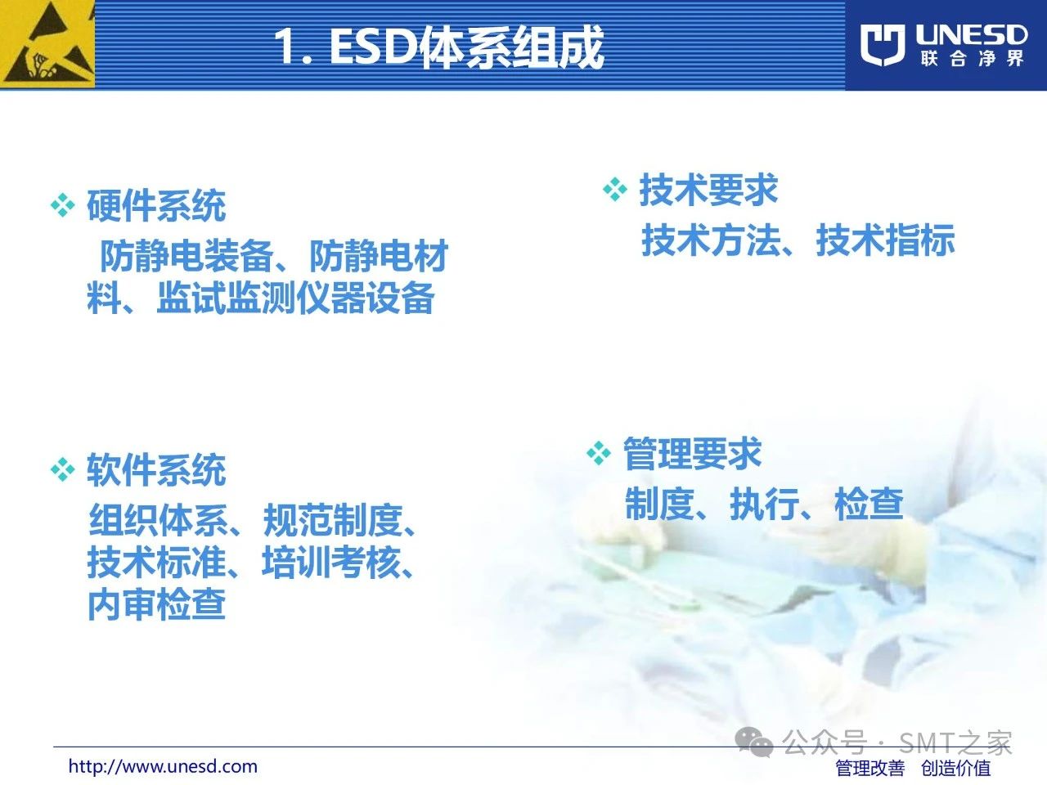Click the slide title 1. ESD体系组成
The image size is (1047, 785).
pos(439,47)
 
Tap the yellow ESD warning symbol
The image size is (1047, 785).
pos(47,44)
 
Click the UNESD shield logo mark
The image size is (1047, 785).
pos(883,45)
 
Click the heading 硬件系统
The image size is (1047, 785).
pos(156,206)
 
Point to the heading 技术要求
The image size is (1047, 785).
pos(708,190)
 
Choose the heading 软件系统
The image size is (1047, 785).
pos(156,470)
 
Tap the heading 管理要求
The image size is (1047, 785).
pos(692,453)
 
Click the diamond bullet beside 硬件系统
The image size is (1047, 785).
pos(62,206)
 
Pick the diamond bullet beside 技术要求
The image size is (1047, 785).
pos(615,189)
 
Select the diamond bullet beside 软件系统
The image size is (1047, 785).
pos(62,469)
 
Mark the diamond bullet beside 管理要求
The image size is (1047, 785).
pos(599,453)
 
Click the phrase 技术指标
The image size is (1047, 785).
pos(886,240)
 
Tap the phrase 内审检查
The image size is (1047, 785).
pos(157,604)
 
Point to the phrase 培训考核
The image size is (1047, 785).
pos(331,563)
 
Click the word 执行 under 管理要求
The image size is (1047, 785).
pos(765,504)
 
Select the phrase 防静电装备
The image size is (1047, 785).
pos(187,256)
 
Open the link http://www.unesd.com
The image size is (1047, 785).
pos(163,766)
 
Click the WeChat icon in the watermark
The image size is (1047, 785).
pos(754,742)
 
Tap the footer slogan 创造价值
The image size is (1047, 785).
pos(956,768)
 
